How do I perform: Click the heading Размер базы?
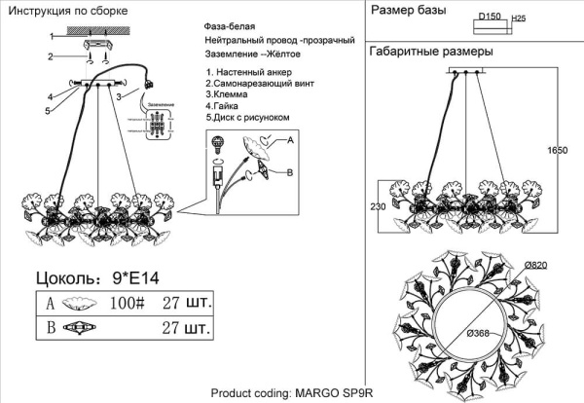click(408, 12)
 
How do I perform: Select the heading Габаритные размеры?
click(431, 51)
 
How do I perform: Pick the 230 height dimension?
click(379, 205)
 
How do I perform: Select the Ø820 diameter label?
click(537, 265)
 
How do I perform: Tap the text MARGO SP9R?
click(334, 394)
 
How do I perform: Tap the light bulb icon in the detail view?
click(218, 144)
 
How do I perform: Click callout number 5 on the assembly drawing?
click(46, 111)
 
